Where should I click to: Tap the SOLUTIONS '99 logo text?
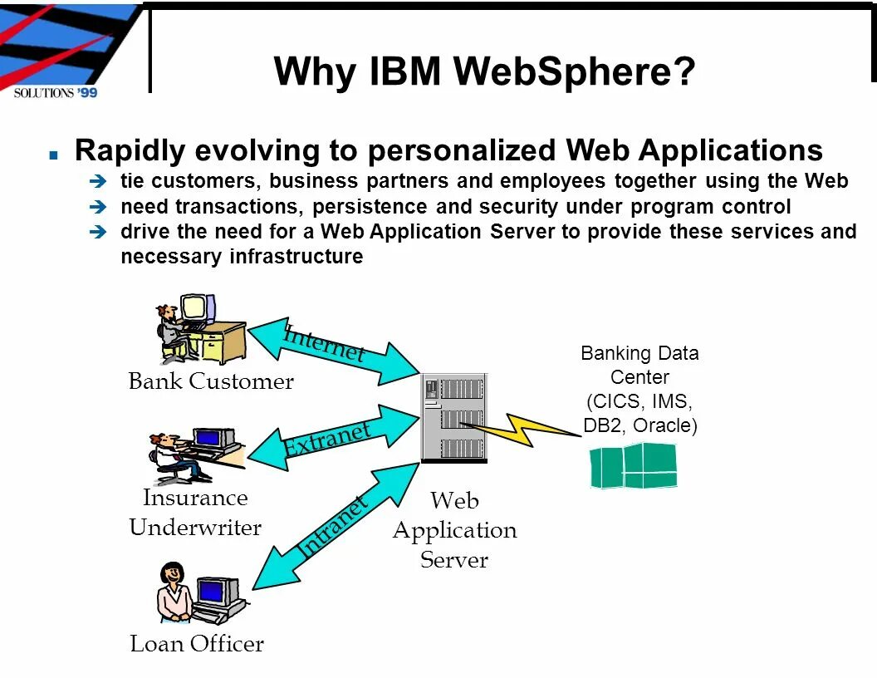pyautogui.click(x=56, y=92)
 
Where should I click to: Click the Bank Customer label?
pyautogui.click(x=211, y=381)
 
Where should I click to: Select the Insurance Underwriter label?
pyautogui.click(x=195, y=513)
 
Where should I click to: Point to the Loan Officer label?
pyautogui.click(x=197, y=644)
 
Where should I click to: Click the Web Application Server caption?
pyautogui.click(x=454, y=530)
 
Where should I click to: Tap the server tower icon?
pyautogui.click(x=454, y=418)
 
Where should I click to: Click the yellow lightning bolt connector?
pyautogui.click(x=523, y=428)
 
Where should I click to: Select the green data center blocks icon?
pyautogui.click(x=634, y=466)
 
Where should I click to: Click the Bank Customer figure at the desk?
pyautogui.click(x=170, y=332)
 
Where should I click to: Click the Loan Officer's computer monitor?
pyautogui.click(x=214, y=591)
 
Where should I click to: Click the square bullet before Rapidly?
pyautogui.click(x=54, y=155)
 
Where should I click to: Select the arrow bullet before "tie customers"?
pyautogui.click(x=97, y=181)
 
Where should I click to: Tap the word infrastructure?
pyautogui.click(x=296, y=257)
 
